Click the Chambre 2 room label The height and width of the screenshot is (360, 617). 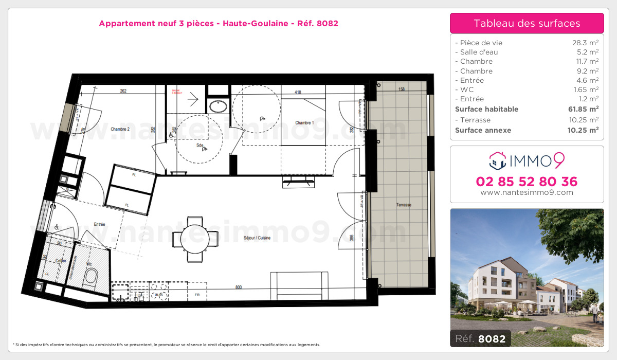coord(119,129)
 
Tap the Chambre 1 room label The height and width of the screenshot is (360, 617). coord(304,123)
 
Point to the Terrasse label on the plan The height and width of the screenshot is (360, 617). coord(404,205)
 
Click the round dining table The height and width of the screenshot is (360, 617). coord(195,238)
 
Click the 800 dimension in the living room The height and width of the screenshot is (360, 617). coord(239,287)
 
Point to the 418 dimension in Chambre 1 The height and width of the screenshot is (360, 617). coord(298,93)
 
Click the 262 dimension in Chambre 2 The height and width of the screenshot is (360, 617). coord(123,92)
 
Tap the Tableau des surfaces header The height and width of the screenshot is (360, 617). coord(527,23)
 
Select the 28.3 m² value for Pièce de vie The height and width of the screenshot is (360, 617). coord(586,43)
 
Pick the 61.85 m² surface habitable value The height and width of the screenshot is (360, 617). coord(583,109)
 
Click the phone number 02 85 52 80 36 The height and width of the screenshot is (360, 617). coord(527,182)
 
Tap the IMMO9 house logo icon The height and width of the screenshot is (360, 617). coord(497,161)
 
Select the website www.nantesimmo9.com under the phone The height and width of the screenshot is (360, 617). coord(527,192)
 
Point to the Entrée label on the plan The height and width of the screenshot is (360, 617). coord(99,224)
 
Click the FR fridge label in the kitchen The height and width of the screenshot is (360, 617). coord(196,295)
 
